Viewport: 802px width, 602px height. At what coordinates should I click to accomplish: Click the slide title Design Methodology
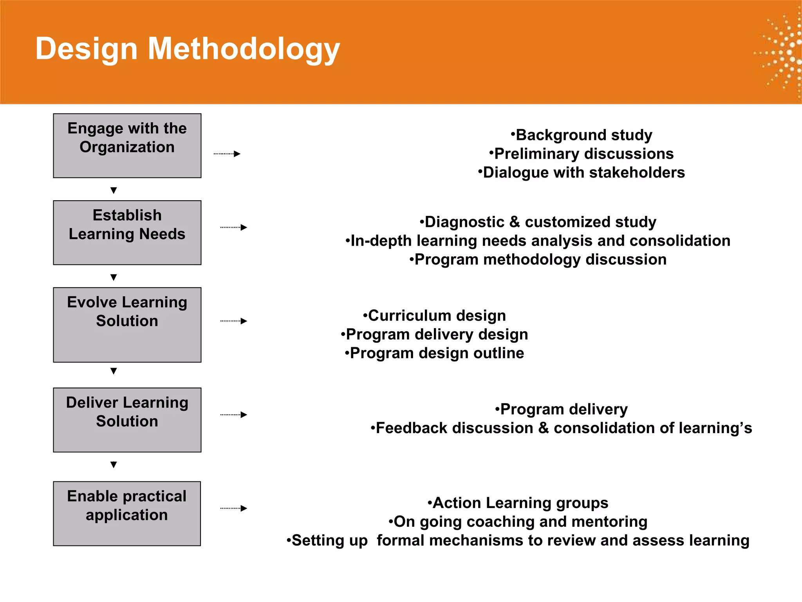pyautogui.click(x=188, y=49)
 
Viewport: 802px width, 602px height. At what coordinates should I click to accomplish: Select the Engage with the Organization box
pyautogui.click(x=127, y=146)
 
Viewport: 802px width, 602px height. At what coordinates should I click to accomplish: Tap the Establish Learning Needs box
pyautogui.click(x=127, y=233)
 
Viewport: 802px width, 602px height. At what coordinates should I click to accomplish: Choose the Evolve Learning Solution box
pyautogui.click(x=127, y=325)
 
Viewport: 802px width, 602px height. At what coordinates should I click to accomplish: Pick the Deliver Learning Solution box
pyautogui.click(x=127, y=420)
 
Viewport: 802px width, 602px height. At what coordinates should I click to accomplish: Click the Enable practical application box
pyautogui.click(x=127, y=513)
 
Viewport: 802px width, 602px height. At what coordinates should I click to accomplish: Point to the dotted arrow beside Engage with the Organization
pyautogui.click(x=227, y=154)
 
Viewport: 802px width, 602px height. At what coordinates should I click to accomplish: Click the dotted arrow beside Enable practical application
pyautogui.click(x=234, y=508)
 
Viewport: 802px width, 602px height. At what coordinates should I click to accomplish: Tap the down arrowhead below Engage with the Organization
pyautogui.click(x=114, y=190)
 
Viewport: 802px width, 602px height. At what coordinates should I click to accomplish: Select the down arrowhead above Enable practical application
pyautogui.click(x=114, y=465)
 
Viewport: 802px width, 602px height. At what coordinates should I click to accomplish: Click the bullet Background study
pyautogui.click(x=582, y=135)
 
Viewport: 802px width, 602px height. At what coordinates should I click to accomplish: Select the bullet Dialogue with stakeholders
pyautogui.click(x=582, y=172)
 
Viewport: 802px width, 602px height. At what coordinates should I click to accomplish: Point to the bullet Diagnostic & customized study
pyautogui.click(x=538, y=222)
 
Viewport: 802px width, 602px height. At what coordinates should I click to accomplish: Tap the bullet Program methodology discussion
pyautogui.click(x=538, y=259)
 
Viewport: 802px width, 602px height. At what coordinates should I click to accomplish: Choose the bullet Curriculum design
pyautogui.click(x=434, y=316)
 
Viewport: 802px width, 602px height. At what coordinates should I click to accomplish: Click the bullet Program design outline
pyautogui.click(x=434, y=353)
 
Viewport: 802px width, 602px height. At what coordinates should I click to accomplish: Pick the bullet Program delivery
pyautogui.click(x=561, y=409)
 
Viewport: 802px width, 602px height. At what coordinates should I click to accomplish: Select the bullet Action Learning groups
pyautogui.click(x=518, y=503)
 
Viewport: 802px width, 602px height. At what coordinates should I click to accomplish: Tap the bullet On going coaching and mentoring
pyautogui.click(x=518, y=522)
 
